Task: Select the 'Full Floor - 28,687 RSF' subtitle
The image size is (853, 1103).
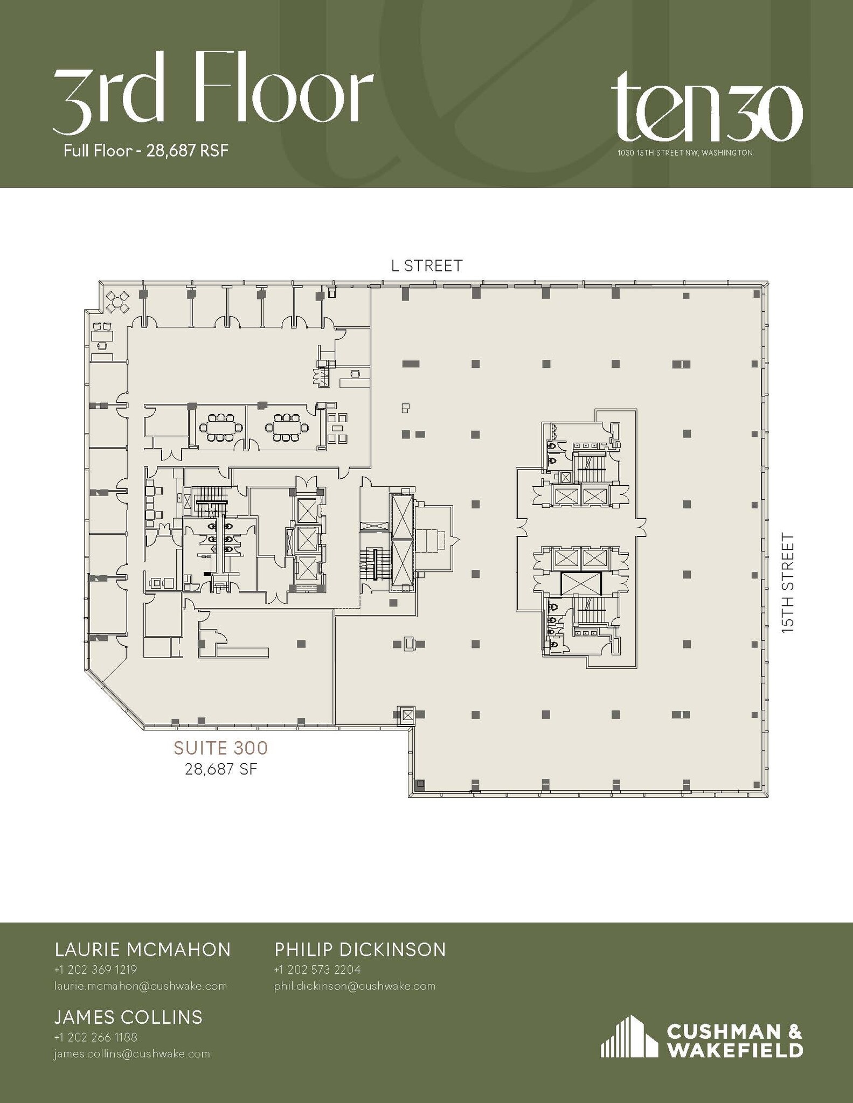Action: [x=145, y=151]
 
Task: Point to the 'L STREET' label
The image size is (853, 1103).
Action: [x=426, y=266]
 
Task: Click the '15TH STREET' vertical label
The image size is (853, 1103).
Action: [x=788, y=583]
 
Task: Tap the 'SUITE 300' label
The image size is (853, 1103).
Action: [x=220, y=748]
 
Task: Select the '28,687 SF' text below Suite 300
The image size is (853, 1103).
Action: [x=221, y=769]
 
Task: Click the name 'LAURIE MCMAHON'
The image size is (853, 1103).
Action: [x=143, y=950]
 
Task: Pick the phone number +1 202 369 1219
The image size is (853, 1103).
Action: [x=96, y=969]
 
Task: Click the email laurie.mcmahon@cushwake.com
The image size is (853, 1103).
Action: [x=140, y=986]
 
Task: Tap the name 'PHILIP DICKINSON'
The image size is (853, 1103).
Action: [x=360, y=950]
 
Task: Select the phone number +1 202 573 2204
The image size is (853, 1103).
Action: [x=317, y=969]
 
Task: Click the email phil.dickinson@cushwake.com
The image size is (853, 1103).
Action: [x=355, y=986]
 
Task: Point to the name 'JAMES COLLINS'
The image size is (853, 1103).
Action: [x=128, y=1017]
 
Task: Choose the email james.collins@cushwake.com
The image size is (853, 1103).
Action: [x=131, y=1053]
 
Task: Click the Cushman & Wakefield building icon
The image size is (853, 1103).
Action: [x=629, y=1037]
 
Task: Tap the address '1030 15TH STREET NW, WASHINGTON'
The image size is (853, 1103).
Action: [x=685, y=153]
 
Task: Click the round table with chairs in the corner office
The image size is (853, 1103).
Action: [x=117, y=301]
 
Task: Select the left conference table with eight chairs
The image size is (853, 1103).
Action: [x=221, y=428]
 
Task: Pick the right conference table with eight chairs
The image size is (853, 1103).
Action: [x=287, y=428]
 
